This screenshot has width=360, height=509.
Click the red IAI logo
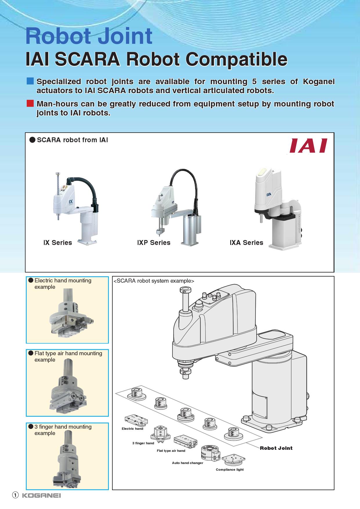tap(308, 146)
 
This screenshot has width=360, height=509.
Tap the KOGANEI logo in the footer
tap(42, 495)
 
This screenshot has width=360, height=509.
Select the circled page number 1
tap(15, 495)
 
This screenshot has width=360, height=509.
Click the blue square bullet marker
tap(30, 81)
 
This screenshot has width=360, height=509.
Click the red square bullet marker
tap(30, 103)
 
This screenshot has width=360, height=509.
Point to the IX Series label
tap(57, 243)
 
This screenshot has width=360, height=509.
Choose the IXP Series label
tap(154, 243)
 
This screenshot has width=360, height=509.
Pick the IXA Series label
tap(246, 243)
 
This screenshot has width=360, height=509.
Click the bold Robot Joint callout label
tap(276, 448)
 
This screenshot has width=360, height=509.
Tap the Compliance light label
tap(230, 470)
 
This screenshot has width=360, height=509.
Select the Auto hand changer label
tap(188, 463)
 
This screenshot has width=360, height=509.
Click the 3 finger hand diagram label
tap(143, 443)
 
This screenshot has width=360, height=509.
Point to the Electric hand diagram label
tap(132, 429)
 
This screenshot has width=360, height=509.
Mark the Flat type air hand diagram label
tap(171, 451)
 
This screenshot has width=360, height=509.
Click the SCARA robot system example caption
tap(154, 281)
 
